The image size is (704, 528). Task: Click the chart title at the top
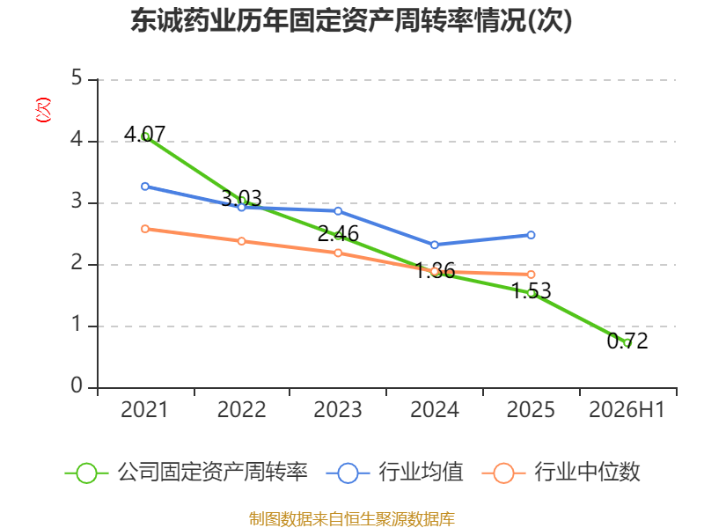[351, 20]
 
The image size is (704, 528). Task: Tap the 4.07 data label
[144, 134]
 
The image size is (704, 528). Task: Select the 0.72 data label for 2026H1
[627, 341]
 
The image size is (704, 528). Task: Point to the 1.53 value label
[532, 290]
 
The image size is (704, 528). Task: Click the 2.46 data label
[338, 233]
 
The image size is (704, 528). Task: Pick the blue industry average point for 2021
[145, 187]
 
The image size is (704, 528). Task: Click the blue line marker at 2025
[531, 235]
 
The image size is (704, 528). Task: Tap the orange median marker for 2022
[241, 241]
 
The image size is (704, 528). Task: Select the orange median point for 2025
[531, 275]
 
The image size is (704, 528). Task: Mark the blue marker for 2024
[434, 245]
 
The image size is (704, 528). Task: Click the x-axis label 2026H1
[627, 409]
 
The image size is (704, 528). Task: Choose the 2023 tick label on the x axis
[338, 409]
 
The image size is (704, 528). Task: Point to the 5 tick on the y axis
[77, 77]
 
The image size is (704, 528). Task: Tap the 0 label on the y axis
[77, 385]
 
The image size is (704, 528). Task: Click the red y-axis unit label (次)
[43, 110]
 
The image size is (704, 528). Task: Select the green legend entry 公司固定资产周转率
[187, 473]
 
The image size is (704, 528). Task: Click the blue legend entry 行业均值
[394, 473]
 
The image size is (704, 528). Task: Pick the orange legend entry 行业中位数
[561, 473]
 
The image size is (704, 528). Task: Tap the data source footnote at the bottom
[351, 519]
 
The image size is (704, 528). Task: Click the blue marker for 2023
[338, 211]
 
